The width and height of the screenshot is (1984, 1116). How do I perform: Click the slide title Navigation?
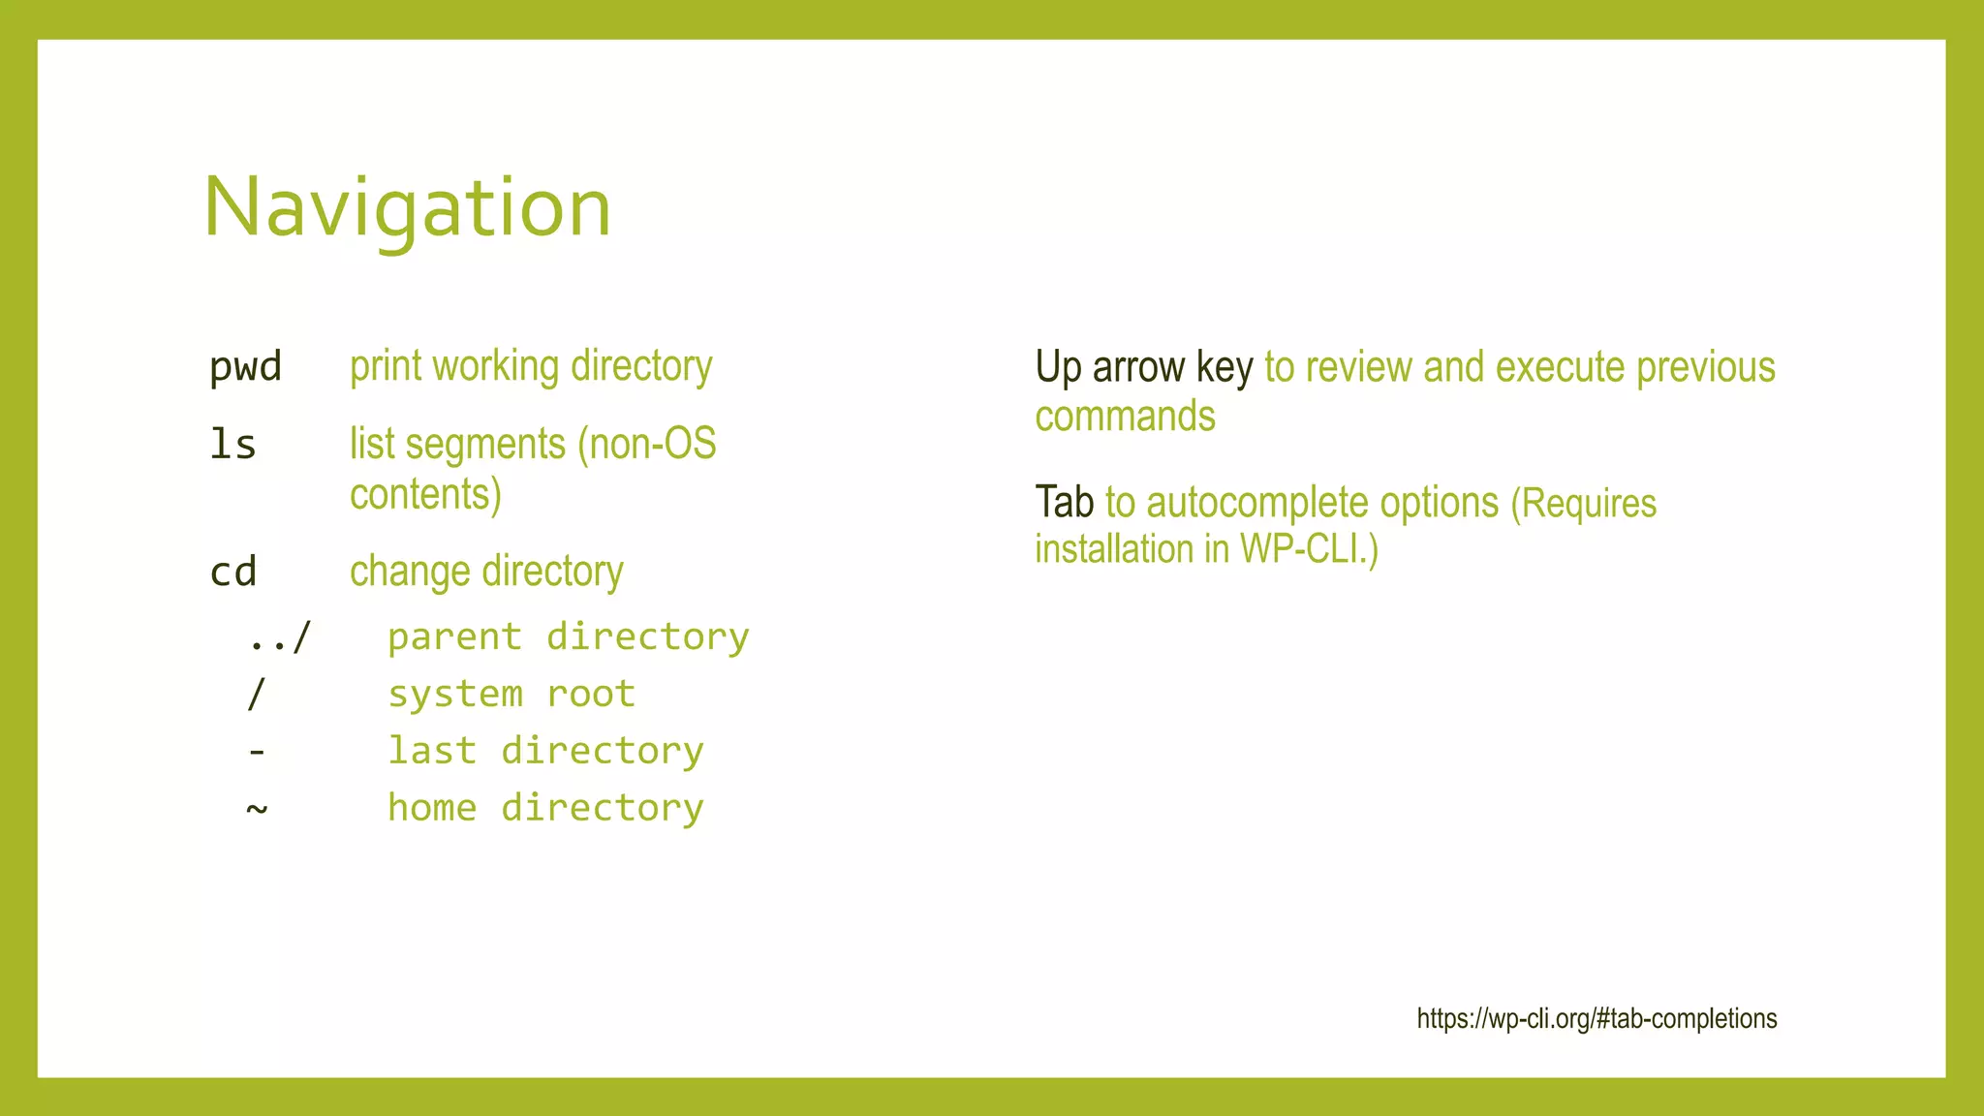coord(407,207)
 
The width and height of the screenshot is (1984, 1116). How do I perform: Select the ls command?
coord(232,445)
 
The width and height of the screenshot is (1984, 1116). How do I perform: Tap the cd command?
coord(232,572)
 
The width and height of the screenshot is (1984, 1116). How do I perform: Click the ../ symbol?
coord(279,637)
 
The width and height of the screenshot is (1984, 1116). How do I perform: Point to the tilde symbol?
coord(256,807)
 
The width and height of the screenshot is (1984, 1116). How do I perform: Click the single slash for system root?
coord(256,694)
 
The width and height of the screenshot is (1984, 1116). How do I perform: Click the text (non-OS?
coord(646,445)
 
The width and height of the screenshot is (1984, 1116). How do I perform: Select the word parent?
coord(454,637)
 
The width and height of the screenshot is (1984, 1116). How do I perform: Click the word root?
coord(591,694)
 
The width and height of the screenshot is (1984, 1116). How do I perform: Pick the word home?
coord(432,807)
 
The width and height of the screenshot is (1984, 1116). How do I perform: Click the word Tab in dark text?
coord(1064,503)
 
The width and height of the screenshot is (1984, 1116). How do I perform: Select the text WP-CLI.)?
coord(1309,549)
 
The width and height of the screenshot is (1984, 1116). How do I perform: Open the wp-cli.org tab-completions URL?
coord(1596,1019)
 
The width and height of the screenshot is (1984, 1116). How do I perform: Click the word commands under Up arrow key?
coord(1125,417)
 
